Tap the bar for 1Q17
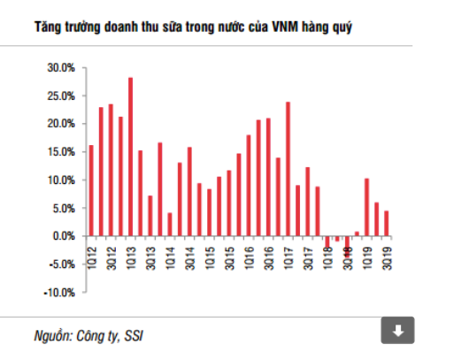(x=288, y=169)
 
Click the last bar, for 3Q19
(x=387, y=223)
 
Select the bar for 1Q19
(x=366, y=207)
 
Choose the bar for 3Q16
(x=268, y=177)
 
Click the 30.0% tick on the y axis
(x=61, y=67)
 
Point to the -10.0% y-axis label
(x=59, y=292)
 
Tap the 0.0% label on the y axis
(x=63, y=236)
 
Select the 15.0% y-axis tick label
(x=61, y=151)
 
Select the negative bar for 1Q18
(x=327, y=241)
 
